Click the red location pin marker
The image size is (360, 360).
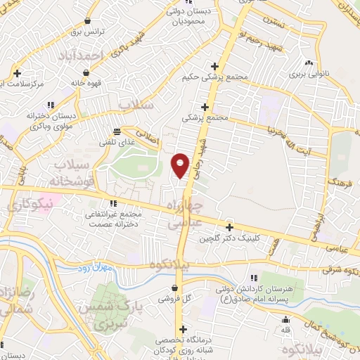(x=180, y=165)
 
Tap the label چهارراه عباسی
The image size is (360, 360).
(x=186, y=212)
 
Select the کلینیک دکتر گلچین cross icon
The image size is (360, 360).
(x=230, y=226)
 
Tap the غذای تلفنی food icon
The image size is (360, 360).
(x=115, y=131)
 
